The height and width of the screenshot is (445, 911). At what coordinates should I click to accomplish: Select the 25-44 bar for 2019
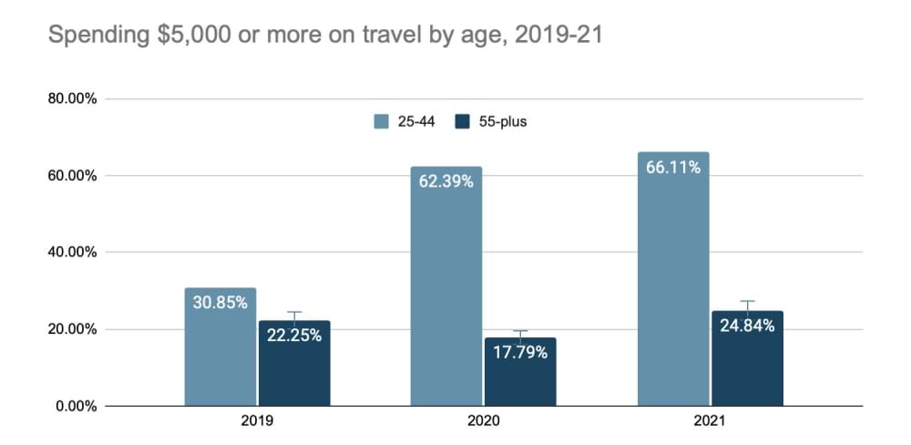pyautogui.click(x=220, y=356)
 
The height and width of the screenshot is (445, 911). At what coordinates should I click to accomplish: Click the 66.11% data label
pyautogui.click(x=673, y=168)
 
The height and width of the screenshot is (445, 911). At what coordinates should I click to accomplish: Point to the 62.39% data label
pyautogui.click(x=446, y=181)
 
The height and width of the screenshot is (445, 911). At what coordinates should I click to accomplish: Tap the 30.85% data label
pyautogui.click(x=220, y=303)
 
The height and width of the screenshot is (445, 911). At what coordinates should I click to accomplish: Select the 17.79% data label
pyautogui.click(x=520, y=352)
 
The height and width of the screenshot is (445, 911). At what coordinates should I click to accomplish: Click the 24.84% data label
pyautogui.click(x=747, y=326)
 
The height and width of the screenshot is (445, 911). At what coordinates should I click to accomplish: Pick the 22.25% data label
pyautogui.click(x=294, y=336)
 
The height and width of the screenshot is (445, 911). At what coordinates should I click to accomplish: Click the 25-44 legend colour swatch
pyautogui.click(x=381, y=121)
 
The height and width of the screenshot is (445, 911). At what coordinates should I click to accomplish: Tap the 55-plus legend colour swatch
pyautogui.click(x=462, y=121)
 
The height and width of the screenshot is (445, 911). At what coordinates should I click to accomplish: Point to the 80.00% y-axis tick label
pyautogui.click(x=72, y=98)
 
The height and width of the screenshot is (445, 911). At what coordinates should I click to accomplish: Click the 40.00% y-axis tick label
pyautogui.click(x=72, y=253)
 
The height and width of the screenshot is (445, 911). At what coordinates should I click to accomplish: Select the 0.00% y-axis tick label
pyautogui.click(x=76, y=406)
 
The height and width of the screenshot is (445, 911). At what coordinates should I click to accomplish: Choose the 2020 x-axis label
pyautogui.click(x=483, y=423)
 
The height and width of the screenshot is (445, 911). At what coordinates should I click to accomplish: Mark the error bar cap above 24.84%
pyautogui.click(x=747, y=301)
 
